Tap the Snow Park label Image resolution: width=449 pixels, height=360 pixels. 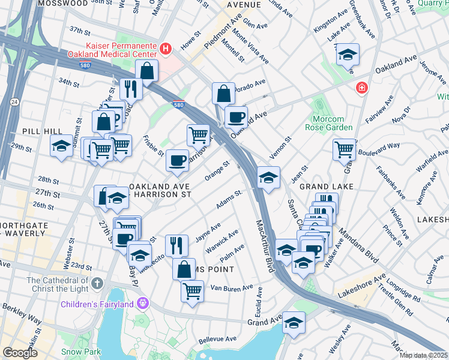click(79, 351)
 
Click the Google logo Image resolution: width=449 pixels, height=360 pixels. click(20, 353)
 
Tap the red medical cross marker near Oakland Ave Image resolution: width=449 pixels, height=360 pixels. click(362, 88)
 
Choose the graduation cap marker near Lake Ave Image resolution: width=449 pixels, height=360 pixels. click(347, 55)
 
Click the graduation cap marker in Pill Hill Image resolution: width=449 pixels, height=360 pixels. click(61, 146)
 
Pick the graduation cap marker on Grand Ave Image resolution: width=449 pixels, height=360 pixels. click(294, 323)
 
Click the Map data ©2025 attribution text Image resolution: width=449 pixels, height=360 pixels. click(423, 355)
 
